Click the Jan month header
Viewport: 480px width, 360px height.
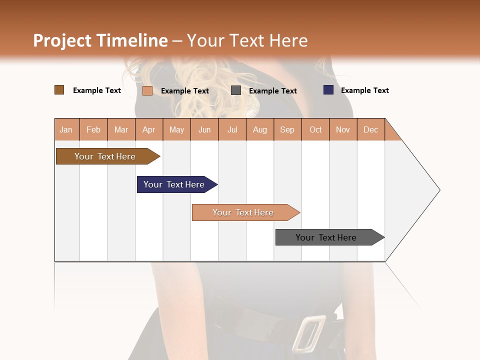[66, 129]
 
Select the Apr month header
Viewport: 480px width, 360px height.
[149, 129]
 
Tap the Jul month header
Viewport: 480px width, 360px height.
[232, 129]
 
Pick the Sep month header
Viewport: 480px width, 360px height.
[287, 129]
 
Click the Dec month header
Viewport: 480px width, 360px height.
[370, 129]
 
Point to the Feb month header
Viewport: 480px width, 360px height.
[93, 129]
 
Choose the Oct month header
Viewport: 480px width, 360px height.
[315, 129]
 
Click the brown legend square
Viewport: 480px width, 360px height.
[59, 90]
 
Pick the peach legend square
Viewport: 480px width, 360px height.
[147, 90]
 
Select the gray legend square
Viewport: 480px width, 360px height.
[236, 90]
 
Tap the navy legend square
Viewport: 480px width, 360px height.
[328, 90]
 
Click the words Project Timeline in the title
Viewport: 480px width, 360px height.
[100, 40]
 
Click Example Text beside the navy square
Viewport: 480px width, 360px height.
[364, 90]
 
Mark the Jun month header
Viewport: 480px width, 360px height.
[204, 129]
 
